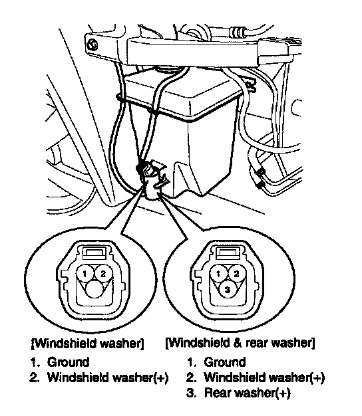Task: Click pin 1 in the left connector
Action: (x=85, y=274)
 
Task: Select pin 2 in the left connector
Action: (x=103, y=274)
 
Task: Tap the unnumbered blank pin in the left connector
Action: (x=94, y=289)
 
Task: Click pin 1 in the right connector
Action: (x=218, y=274)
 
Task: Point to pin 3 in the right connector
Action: (x=228, y=289)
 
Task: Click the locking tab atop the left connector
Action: (x=94, y=252)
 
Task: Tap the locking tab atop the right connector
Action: (x=228, y=252)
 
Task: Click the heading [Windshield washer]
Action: (x=87, y=344)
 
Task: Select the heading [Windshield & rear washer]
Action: (x=240, y=343)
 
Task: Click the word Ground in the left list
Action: (x=68, y=362)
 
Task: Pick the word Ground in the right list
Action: (x=225, y=362)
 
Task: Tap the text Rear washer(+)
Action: (x=247, y=393)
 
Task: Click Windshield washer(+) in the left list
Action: (x=108, y=377)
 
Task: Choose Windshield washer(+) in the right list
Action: (x=264, y=377)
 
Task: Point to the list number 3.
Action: (x=190, y=393)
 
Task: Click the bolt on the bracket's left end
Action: (x=92, y=45)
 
